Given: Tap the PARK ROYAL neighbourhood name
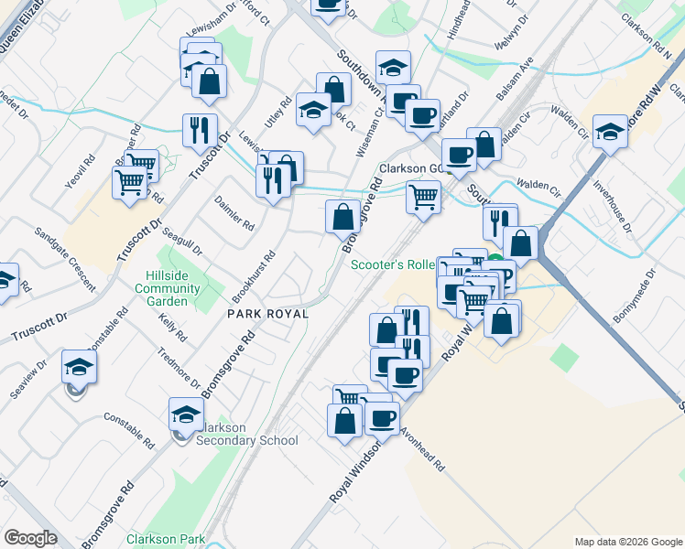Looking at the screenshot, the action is [x=267, y=314].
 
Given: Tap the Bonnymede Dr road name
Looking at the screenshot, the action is [x=636, y=294].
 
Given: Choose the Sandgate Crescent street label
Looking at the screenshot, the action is [x=64, y=259].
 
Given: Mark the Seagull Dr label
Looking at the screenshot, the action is [x=183, y=242].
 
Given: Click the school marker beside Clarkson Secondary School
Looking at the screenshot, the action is [x=186, y=414].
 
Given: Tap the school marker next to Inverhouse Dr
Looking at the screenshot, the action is [x=610, y=131].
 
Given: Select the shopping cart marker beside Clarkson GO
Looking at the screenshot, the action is [x=423, y=196].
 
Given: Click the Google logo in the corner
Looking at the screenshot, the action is [x=30, y=538].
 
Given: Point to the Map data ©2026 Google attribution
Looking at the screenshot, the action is [x=627, y=542].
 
